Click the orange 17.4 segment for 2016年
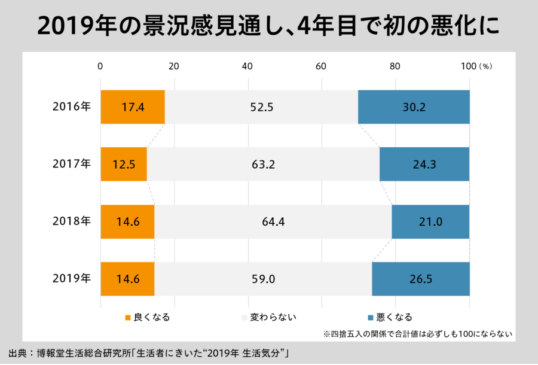(x=132, y=107)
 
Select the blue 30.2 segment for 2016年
(x=414, y=107)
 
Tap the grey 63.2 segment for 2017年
(x=263, y=164)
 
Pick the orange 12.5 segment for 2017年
(x=123, y=164)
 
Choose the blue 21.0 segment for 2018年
(x=430, y=221)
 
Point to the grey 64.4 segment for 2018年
(x=273, y=221)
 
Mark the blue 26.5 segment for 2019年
(x=421, y=279)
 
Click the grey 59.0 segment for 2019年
(x=263, y=279)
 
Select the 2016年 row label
(x=71, y=107)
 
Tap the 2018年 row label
(x=71, y=221)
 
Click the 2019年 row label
(x=71, y=279)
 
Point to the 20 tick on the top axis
(x=174, y=66)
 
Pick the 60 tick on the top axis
(x=321, y=66)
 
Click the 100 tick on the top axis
(x=468, y=66)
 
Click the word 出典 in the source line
(x=17, y=352)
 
